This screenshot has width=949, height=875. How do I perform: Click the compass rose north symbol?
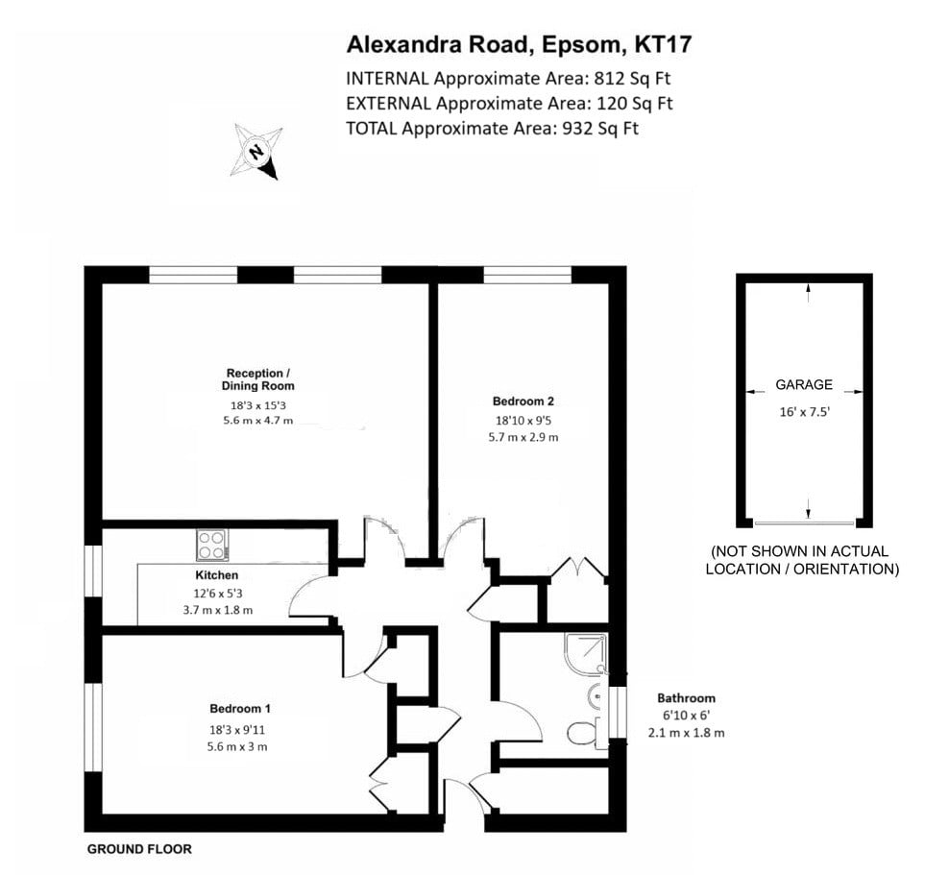256,151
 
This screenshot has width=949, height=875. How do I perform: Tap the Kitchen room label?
217,575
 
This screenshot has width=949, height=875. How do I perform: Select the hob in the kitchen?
212,545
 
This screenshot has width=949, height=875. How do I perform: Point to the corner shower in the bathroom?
585,653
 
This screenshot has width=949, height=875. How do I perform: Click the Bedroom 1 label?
240,709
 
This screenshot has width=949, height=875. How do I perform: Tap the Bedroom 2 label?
523,401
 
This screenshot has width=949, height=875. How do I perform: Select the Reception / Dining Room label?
257,379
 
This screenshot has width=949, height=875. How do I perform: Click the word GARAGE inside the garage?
804,384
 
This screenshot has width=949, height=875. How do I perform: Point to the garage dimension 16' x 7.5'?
804,412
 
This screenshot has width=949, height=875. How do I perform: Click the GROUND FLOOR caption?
139,849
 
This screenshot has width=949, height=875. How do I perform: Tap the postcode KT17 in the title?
662,45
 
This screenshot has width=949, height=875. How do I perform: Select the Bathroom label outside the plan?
687,697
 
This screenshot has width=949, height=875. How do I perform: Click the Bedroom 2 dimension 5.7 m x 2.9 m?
523,437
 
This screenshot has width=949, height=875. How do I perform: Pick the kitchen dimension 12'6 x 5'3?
217,594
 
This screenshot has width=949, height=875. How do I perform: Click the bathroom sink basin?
596,696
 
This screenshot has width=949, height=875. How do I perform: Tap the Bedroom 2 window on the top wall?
527,276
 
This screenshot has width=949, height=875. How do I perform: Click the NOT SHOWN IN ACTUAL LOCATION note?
802,560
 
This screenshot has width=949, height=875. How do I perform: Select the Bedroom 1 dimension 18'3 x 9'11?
236,730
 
